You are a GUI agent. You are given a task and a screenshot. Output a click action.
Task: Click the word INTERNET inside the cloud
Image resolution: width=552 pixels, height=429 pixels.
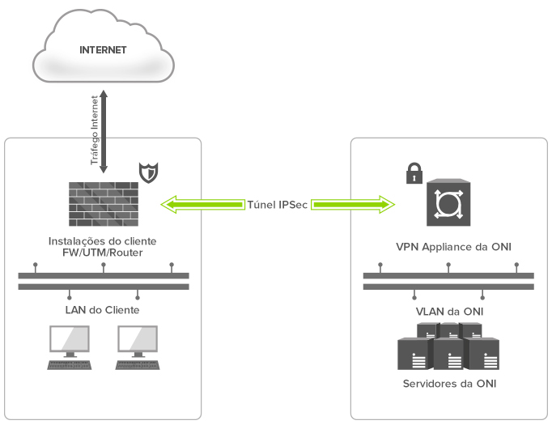[103, 50]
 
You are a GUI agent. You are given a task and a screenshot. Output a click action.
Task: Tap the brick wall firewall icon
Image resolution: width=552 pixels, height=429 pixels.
[104, 204]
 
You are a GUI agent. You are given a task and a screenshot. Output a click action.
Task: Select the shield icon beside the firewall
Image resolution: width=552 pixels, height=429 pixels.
[149, 172]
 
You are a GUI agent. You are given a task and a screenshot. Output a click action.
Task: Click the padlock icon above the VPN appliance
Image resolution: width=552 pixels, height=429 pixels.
[414, 172]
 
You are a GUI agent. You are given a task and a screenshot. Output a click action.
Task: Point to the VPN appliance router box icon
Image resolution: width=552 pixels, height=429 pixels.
[448, 202]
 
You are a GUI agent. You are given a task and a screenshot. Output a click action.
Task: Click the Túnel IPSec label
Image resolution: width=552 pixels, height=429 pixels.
[278, 205]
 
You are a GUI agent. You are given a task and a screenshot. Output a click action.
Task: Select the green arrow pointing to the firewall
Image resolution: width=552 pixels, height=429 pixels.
[203, 205]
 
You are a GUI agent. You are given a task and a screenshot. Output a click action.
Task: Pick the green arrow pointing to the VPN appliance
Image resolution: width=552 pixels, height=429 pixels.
[353, 205]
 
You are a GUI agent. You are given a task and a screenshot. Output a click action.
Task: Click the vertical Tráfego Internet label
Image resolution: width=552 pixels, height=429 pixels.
[95, 130]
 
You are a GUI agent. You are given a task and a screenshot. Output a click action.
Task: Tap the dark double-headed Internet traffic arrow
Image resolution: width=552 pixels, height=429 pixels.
[104, 132]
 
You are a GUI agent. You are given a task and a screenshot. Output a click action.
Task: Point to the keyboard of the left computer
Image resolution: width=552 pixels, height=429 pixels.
[70, 365]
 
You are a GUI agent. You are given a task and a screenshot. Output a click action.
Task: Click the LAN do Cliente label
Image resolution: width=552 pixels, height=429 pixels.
[103, 310]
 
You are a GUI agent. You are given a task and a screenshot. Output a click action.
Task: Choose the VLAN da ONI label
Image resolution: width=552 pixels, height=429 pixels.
[449, 312]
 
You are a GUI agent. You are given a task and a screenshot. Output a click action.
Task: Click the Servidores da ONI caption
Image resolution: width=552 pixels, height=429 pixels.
[449, 384]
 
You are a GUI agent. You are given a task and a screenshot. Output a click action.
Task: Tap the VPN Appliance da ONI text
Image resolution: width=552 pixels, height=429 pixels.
[453, 247]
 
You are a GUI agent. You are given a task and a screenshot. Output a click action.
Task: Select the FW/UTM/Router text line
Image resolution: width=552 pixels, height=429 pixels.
[103, 253]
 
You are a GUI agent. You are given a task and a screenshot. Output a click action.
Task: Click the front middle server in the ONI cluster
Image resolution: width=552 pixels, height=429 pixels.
[448, 354]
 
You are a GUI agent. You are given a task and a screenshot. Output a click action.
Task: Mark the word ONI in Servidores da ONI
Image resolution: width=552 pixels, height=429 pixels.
[486, 384]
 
